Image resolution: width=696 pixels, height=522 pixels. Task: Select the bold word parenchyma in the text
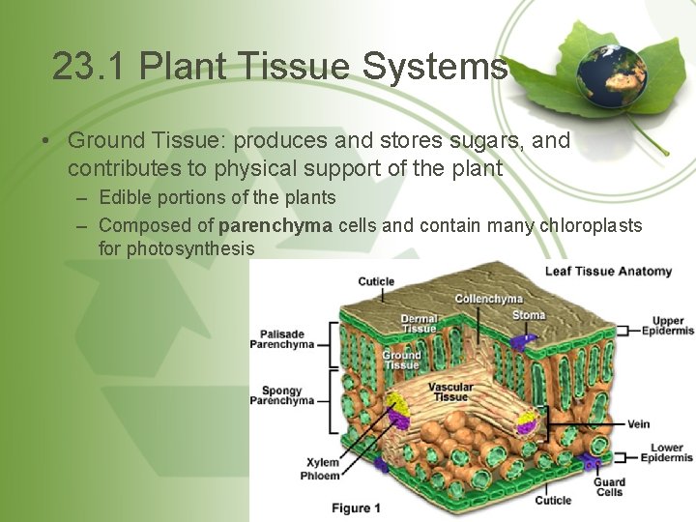point(275,225)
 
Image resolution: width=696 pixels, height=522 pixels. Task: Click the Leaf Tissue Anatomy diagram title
point(608,272)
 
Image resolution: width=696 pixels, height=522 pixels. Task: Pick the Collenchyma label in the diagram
point(488,299)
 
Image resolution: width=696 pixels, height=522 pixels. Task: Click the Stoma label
point(529,315)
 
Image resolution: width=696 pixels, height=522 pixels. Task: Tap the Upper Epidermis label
point(668,326)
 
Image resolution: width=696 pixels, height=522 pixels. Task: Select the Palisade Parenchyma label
point(281,338)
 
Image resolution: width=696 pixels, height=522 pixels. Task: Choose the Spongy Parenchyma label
point(281,395)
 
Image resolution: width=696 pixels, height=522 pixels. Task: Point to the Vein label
point(639,423)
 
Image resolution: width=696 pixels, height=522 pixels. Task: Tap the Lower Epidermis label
point(668,453)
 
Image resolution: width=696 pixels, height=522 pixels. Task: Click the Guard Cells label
point(610,486)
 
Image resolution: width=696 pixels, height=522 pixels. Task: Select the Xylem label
point(323,462)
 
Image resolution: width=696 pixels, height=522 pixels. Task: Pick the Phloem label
point(320,476)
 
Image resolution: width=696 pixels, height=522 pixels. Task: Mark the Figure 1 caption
point(356,507)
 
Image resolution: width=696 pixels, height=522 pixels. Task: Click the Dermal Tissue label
point(419,323)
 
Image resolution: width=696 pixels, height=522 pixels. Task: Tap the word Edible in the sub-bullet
point(124,197)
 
